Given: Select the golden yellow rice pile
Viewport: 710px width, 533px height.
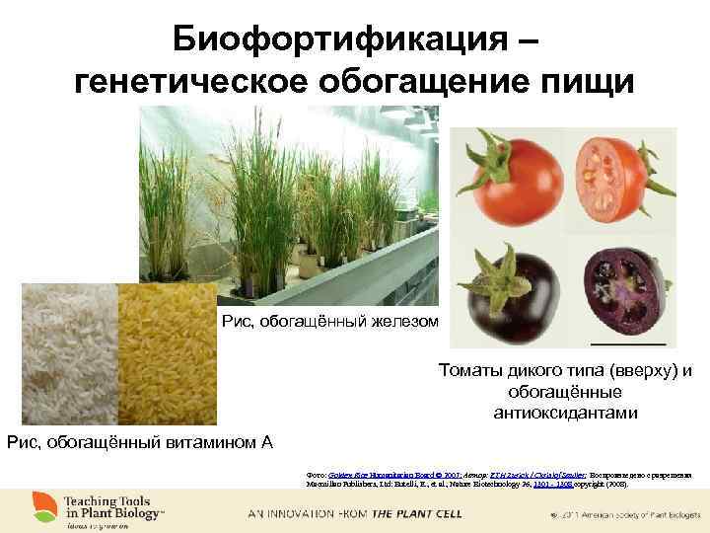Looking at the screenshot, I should click(x=170, y=355).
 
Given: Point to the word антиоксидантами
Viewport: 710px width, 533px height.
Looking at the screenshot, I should click(x=565, y=412).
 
